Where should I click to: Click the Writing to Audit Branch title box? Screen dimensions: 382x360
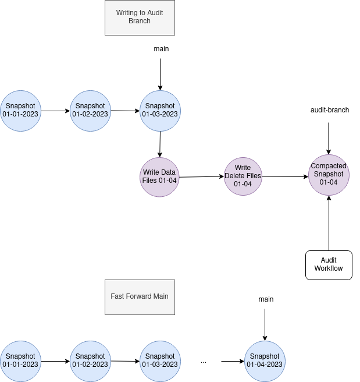tap(139, 17)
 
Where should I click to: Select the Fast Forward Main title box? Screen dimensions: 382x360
tap(139, 296)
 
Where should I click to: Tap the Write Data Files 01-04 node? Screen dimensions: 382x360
tap(160, 177)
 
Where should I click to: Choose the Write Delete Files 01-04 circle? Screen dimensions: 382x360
tap(243, 176)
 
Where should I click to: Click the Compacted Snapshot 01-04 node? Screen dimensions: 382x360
tap(329, 174)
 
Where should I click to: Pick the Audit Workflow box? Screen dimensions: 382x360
tap(329, 265)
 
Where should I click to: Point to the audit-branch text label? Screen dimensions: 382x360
tap(330, 110)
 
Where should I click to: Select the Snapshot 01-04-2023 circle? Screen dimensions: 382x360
tap(265, 361)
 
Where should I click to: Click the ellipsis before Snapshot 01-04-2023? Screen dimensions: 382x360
tap(204, 362)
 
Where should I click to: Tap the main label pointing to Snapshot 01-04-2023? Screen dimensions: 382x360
tap(266, 299)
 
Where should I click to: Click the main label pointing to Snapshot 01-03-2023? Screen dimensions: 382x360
tap(161, 49)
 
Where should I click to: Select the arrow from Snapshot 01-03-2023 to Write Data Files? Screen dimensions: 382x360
tap(160, 144)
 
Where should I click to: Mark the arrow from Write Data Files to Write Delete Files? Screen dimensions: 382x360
tap(202, 176)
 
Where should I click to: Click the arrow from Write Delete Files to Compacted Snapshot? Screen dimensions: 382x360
tap(285, 176)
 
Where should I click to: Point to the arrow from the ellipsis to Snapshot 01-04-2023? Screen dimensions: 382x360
tap(233, 362)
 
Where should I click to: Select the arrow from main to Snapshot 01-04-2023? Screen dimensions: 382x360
tap(265, 324)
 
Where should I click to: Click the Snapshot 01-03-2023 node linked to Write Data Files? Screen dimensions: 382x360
tap(160, 110)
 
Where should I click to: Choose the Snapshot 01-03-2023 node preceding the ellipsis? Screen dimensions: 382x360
tap(160, 361)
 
